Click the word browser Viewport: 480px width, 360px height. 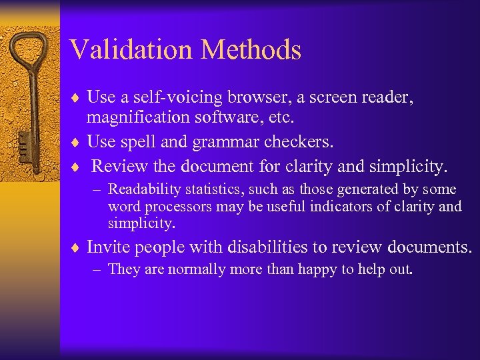[249, 97]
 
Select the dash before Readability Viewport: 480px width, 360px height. [99, 190]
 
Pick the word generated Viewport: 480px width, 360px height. [368, 190]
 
